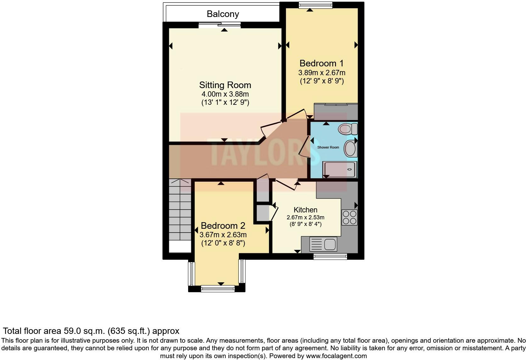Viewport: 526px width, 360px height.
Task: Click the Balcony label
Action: [x=223, y=14]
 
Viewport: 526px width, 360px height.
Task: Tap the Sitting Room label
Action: [x=225, y=85]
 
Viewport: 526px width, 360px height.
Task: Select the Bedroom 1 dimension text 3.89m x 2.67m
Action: [x=322, y=73]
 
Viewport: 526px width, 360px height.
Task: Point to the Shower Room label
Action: [x=328, y=147]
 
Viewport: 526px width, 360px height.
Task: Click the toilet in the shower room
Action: [x=348, y=129]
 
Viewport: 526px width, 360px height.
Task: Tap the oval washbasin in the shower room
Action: [x=350, y=149]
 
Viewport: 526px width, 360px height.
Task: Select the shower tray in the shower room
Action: [x=339, y=169]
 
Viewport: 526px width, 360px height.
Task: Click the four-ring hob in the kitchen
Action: [x=350, y=217]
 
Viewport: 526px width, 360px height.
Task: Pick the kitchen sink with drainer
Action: [x=323, y=244]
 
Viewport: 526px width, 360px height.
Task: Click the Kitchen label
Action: [x=305, y=210]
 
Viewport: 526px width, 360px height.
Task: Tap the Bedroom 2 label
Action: [x=223, y=226]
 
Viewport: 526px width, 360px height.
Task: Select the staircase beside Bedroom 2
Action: [x=180, y=210]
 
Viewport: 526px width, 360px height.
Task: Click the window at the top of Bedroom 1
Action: [x=315, y=5]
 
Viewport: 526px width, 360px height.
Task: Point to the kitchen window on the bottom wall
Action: [x=330, y=256]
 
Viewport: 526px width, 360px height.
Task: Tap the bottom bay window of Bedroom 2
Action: [x=218, y=288]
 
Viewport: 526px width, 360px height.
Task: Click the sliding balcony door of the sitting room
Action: [x=220, y=25]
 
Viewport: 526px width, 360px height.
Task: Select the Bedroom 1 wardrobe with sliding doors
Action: [x=336, y=111]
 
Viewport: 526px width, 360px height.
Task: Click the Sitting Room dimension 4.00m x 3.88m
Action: [x=225, y=94]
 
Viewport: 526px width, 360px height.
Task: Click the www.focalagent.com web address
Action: [x=336, y=356]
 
